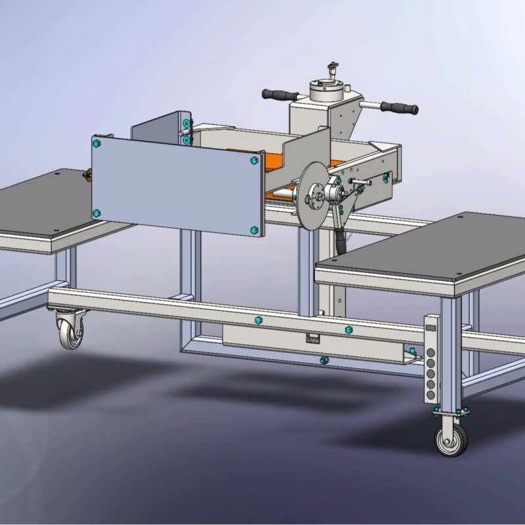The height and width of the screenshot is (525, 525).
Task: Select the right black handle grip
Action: point(401,108)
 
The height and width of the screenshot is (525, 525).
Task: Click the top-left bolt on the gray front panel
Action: point(97,142)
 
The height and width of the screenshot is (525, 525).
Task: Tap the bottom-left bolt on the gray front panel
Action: point(96,213)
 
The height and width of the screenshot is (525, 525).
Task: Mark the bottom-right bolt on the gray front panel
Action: point(254,230)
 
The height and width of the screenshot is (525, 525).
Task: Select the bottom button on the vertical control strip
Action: point(430,387)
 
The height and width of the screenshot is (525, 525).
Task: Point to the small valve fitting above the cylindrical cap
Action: point(333,68)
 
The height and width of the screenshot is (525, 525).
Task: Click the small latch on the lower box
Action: point(313,337)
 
